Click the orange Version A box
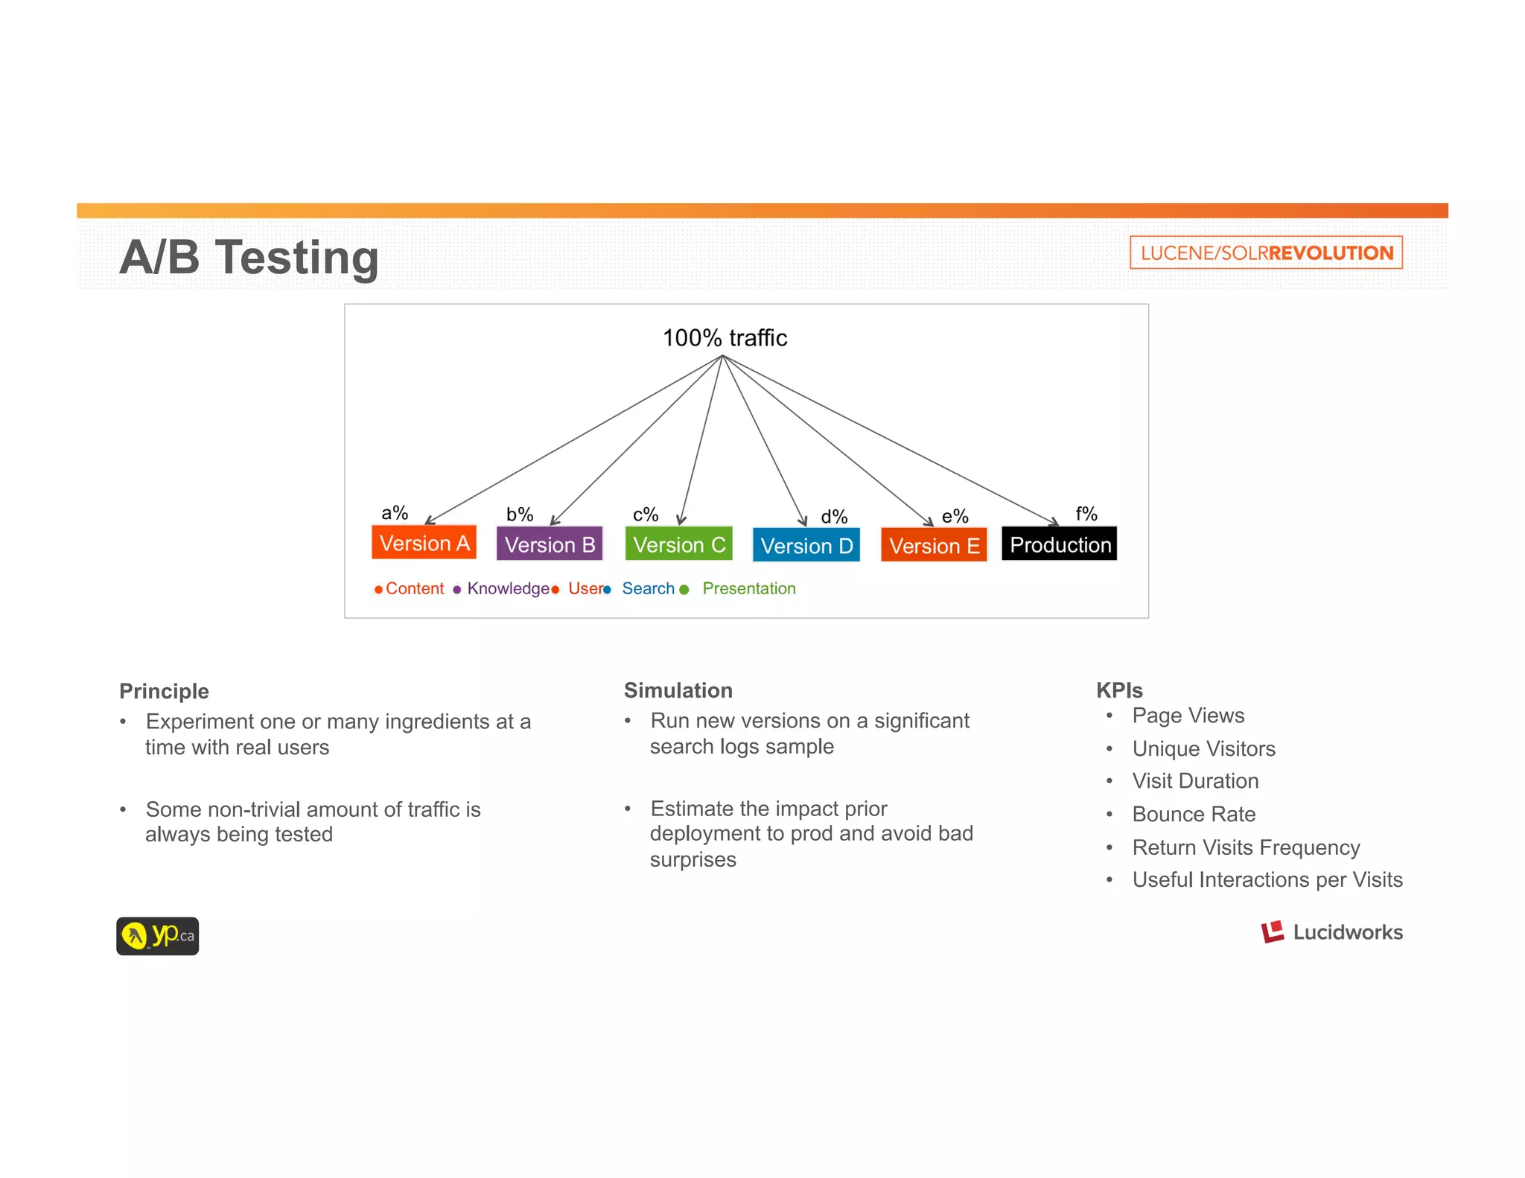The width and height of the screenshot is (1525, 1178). click(424, 543)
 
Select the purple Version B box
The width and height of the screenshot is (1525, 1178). click(550, 544)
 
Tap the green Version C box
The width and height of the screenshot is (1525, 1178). click(679, 544)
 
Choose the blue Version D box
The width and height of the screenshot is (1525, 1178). click(806, 545)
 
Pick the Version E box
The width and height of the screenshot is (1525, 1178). click(934, 545)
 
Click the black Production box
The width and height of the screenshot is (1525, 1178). click(1060, 544)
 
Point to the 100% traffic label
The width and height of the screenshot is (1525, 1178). click(725, 338)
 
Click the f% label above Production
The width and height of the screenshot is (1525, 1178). click(1086, 513)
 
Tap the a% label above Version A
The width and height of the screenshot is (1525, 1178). click(395, 512)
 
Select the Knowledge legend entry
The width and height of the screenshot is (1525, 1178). click(508, 588)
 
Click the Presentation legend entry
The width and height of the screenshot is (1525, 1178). click(748, 588)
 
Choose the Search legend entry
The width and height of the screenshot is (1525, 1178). click(648, 588)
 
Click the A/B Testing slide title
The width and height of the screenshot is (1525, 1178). click(249, 258)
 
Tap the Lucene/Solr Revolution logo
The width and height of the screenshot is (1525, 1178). click(1266, 252)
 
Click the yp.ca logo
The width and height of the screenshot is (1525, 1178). click(158, 936)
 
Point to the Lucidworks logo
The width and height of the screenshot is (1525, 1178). click(1331, 932)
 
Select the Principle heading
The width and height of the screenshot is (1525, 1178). click(164, 691)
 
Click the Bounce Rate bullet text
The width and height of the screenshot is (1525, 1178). click(1194, 814)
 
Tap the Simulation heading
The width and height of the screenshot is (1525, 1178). click(678, 690)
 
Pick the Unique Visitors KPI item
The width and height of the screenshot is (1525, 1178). click(1203, 748)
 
